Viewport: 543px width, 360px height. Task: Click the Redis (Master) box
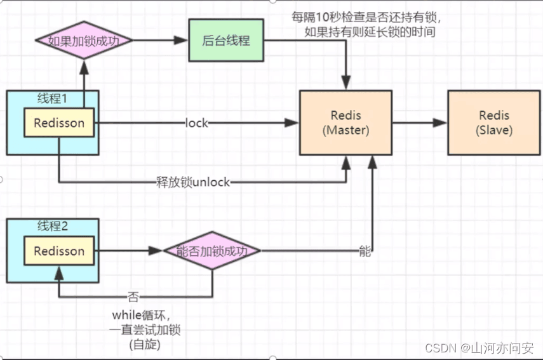point(345,123)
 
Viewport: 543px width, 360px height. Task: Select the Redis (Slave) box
point(494,123)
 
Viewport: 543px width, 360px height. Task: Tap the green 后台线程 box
point(226,40)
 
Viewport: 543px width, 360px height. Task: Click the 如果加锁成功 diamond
point(84,40)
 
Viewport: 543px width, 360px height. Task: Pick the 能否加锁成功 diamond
point(212,251)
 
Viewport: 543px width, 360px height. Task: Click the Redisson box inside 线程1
point(59,123)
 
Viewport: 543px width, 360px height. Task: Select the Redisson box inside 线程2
point(59,251)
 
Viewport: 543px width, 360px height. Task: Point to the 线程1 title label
point(52,98)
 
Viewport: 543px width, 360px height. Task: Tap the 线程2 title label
point(53,226)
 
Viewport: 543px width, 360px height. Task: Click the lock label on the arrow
point(197,123)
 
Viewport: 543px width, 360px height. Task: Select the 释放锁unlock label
point(193,182)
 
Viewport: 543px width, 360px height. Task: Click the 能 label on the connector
point(365,251)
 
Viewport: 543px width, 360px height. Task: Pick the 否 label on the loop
point(133,297)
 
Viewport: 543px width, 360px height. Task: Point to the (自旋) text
point(145,344)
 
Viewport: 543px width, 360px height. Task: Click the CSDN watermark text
point(441,347)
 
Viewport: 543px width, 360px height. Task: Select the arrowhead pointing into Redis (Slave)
point(440,123)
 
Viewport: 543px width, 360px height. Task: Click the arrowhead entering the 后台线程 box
point(181,40)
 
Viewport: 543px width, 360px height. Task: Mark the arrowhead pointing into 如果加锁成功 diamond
point(84,67)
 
